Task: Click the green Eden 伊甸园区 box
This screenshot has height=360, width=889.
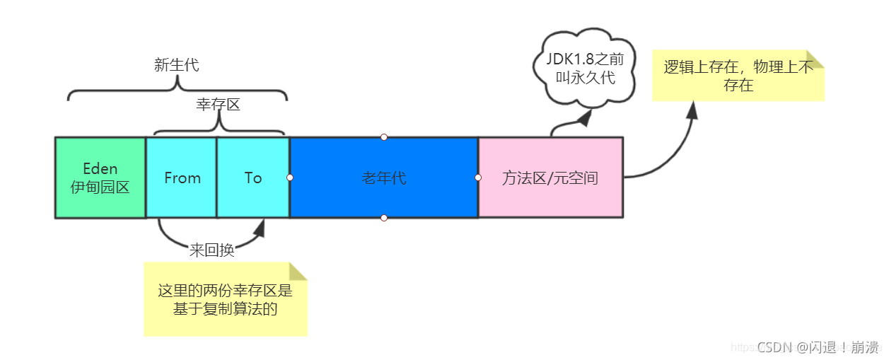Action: click(x=100, y=178)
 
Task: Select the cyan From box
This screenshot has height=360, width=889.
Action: click(x=182, y=178)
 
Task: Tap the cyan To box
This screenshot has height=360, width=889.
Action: click(x=252, y=178)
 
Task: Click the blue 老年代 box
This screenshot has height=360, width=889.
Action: click(x=384, y=178)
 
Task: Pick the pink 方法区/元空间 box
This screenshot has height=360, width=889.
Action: click(x=550, y=178)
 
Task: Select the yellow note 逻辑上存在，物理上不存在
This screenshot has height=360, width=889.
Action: click(x=738, y=76)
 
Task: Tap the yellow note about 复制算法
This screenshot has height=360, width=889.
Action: click(x=225, y=299)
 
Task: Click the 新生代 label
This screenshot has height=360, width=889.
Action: click(x=177, y=66)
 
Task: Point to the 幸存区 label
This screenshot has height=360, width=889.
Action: click(x=218, y=105)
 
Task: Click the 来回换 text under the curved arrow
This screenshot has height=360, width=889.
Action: click(x=211, y=250)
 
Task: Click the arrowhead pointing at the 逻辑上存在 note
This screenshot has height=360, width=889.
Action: click(x=692, y=110)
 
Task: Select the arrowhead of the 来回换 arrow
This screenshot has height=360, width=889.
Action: click(x=260, y=228)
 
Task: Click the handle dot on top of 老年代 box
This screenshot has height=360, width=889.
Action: click(x=384, y=137)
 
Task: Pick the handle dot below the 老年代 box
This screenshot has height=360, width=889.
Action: click(x=384, y=217)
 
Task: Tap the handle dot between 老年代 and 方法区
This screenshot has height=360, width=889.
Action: click(x=478, y=178)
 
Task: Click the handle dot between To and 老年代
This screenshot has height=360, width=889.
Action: click(x=290, y=178)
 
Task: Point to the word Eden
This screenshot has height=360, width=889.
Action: click(x=100, y=169)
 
